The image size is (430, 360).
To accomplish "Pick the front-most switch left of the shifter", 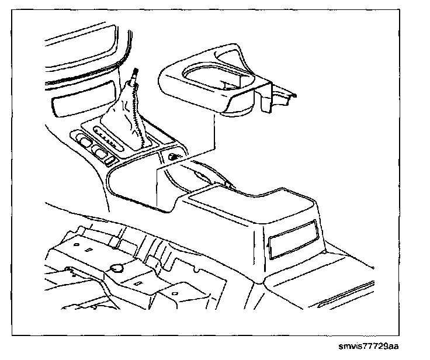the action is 84,141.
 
